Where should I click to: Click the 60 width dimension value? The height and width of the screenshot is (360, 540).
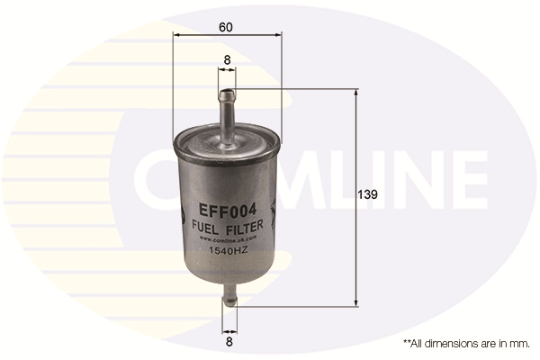point(226,26)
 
